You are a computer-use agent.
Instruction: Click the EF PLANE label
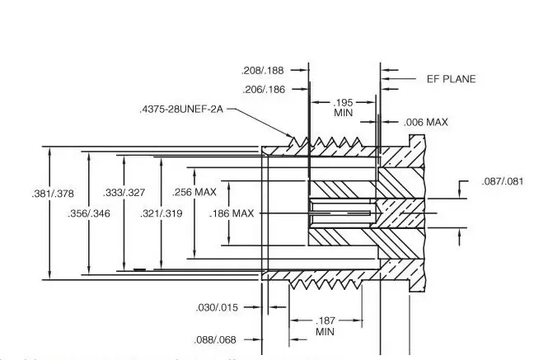click(x=451, y=79)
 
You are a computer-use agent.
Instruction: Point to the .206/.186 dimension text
click(x=262, y=89)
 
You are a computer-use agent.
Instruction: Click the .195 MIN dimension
click(x=344, y=107)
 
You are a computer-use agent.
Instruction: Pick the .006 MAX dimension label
click(x=426, y=122)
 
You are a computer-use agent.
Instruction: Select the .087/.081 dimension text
click(x=500, y=181)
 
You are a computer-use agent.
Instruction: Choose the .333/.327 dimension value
click(x=124, y=193)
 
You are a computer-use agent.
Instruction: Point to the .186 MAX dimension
click(x=232, y=213)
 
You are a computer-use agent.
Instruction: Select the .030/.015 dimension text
click(x=216, y=307)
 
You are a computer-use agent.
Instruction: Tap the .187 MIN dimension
click(x=325, y=325)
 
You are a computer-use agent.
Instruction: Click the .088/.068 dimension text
click(x=216, y=339)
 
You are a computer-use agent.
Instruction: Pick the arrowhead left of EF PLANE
click(x=385, y=79)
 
